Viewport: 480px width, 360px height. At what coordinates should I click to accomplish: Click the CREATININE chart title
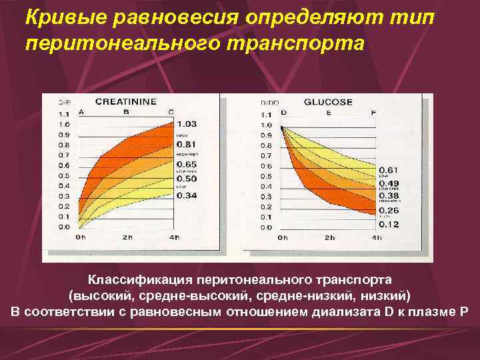pos(126,102)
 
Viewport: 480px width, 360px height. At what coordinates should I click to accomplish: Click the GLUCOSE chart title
pos(328,102)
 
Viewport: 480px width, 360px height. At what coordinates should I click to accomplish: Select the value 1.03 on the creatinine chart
pos(187,124)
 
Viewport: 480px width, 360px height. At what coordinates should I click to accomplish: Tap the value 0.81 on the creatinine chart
pos(187,144)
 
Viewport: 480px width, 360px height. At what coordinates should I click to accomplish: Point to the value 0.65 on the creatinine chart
pos(187,164)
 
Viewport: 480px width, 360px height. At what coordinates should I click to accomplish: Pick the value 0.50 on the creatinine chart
pos(187,179)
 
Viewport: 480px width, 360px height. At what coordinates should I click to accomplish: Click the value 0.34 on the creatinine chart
pos(187,195)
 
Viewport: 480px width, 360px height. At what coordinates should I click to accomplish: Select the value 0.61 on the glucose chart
pos(389,170)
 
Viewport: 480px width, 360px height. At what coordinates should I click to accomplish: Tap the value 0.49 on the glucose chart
pos(389,183)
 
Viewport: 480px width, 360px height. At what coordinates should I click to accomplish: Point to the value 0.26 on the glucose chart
pos(389,211)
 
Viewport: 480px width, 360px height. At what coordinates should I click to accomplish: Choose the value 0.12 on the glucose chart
pos(389,224)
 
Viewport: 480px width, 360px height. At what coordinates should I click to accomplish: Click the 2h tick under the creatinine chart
pos(127,237)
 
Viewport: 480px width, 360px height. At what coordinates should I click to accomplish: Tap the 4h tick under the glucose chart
pos(377,237)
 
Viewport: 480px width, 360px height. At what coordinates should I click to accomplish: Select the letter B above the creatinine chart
pos(125,112)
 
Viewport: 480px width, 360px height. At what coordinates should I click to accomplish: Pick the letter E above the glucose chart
pos(328,112)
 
